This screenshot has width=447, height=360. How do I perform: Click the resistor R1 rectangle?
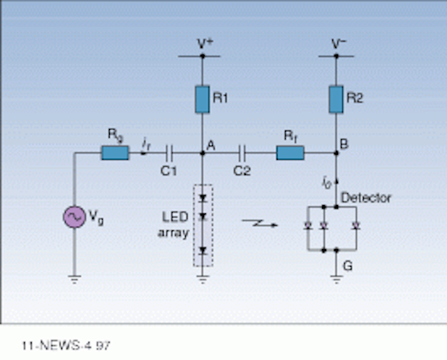203,99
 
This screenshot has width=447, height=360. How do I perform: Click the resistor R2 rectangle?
336,99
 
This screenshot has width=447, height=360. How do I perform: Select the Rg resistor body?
115,153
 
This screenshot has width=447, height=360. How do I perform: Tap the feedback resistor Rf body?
291,153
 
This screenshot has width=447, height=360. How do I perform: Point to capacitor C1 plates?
170,153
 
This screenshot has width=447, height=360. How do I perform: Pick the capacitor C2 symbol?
242,153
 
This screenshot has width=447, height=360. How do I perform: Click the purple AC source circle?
74,217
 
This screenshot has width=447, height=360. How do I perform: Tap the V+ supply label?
205,44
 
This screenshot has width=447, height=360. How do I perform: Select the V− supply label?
339,44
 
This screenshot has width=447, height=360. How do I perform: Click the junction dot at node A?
203,153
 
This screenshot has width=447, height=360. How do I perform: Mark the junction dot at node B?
336,153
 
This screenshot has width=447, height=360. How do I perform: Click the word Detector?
366,197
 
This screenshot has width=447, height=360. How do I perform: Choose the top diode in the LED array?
203,198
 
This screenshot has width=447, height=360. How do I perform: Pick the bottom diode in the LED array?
203,251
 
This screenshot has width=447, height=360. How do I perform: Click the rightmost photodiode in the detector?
356,226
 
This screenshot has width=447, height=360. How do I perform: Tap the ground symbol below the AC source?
75,279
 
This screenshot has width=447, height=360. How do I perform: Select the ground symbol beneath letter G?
337,279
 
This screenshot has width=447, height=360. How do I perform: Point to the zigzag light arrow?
260,223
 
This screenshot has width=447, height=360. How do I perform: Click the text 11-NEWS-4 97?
66,346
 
